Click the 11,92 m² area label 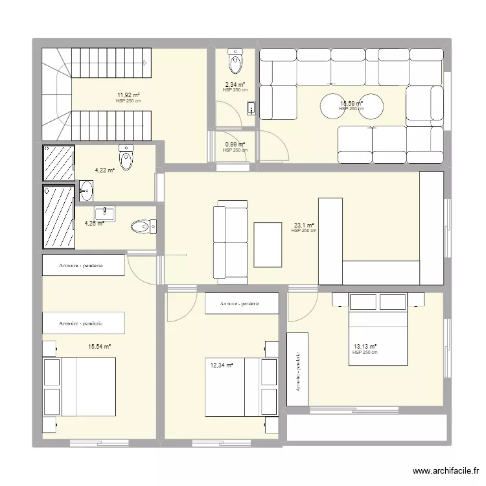coord(128,96)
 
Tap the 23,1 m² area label coord(303,226)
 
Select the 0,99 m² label coord(235,145)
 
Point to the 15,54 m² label coord(100,347)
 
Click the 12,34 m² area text coord(221,365)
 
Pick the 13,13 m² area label coord(365,347)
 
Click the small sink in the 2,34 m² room coord(251,109)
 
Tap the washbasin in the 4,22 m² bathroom coord(86,191)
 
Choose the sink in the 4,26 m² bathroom coord(105,213)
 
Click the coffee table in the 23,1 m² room coord(268,244)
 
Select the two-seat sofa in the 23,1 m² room coord(231,241)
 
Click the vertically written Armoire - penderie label coord(297,371)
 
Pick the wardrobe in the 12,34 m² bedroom coord(241,303)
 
